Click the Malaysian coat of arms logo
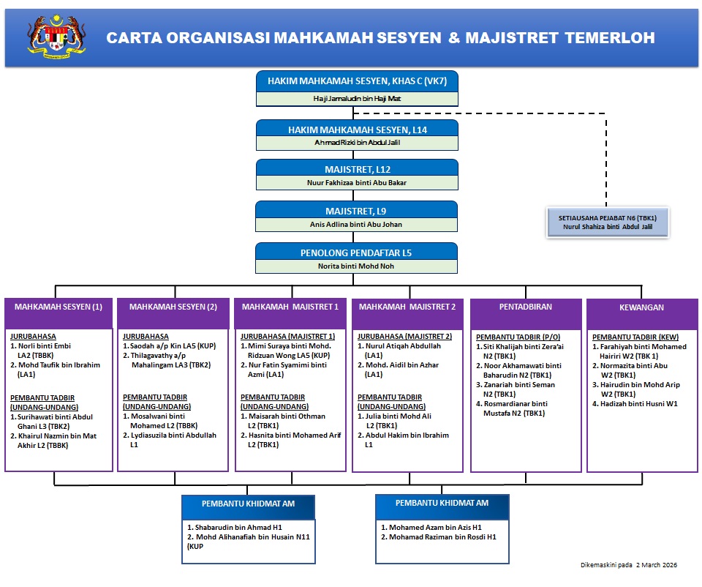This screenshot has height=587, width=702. click(56, 37)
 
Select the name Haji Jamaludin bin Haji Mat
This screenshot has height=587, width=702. click(356, 98)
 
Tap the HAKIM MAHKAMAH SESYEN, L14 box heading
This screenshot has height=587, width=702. click(357, 130)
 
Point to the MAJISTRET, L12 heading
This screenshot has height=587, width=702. click(357, 170)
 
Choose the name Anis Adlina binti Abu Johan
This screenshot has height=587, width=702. click(356, 224)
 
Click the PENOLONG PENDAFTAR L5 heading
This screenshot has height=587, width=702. click(356, 253)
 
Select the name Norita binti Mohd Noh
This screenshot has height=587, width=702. click(356, 266)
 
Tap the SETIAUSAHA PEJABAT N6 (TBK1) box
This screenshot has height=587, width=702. click(608, 222)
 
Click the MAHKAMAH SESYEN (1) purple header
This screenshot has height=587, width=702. click(58, 307)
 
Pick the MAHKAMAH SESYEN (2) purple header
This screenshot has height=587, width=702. click(173, 307)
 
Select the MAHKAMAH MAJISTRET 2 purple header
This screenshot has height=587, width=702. click(407, 307)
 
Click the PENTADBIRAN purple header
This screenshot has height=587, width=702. click(526, 307)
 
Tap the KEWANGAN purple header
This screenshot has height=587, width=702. click(642, 307)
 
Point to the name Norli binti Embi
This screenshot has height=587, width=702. click(45, 345)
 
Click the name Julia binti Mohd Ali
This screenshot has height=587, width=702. click(401, 416)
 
